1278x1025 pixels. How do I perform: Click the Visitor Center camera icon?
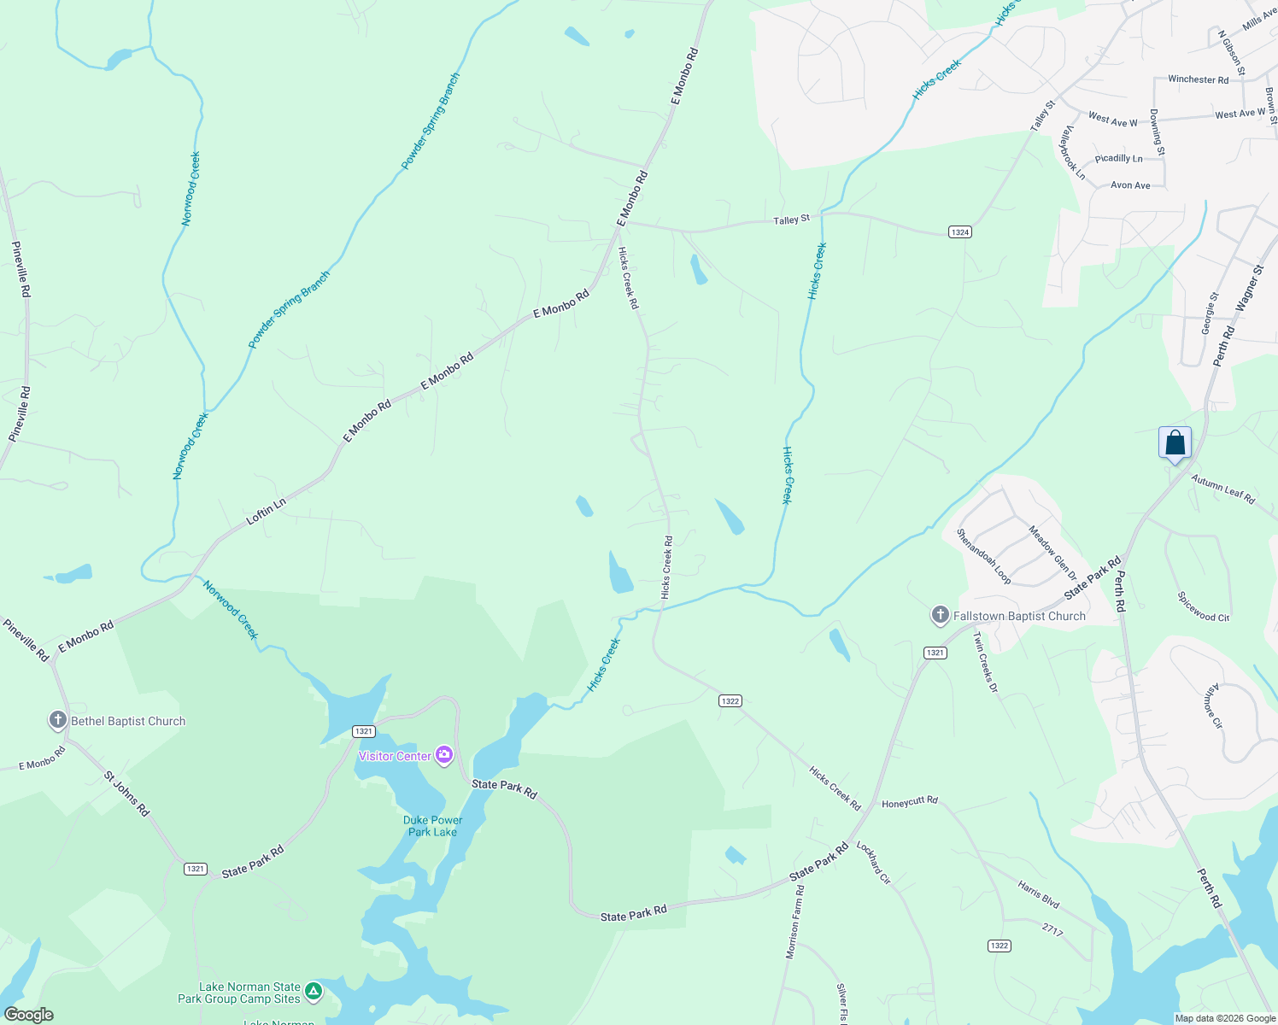443,755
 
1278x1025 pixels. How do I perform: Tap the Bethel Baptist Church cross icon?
57,720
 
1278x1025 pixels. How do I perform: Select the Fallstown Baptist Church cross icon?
940,615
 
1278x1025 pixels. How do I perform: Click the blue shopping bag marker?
1175,442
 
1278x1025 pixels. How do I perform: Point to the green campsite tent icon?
314,991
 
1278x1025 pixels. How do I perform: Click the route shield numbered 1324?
959,232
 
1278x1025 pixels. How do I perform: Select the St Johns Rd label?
126,794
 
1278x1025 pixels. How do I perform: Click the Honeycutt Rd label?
909,802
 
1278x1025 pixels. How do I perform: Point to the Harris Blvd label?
1039,894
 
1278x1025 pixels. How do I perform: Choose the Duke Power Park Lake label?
432,826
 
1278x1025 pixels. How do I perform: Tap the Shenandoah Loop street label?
983,556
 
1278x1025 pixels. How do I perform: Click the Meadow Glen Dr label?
1052,553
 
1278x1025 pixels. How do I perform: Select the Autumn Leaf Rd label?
1222,489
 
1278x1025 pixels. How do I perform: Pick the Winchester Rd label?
1198,79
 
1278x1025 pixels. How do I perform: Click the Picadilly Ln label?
1118,158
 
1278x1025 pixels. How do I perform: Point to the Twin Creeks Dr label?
985,666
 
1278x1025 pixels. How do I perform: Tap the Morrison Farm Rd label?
794,922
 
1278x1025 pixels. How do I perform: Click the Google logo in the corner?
28,1015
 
